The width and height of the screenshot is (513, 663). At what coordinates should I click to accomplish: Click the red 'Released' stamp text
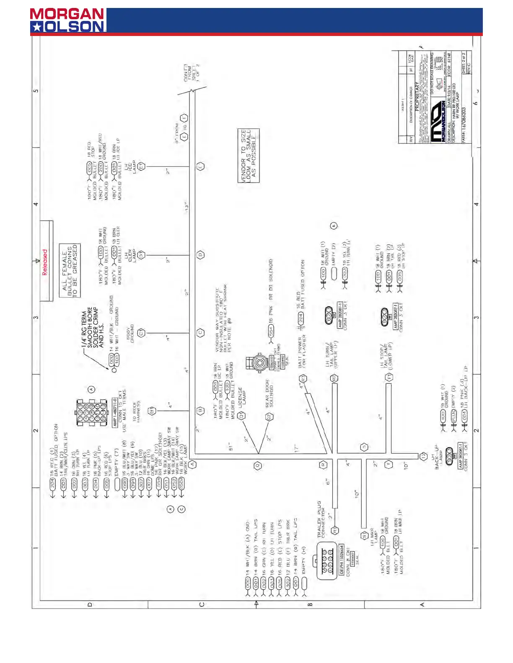click(x=45, y=262)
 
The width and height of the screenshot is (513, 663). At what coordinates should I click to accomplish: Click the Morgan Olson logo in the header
click(x=67, y=20)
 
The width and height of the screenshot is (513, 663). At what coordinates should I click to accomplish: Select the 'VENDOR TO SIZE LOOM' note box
click(x=249, y=156)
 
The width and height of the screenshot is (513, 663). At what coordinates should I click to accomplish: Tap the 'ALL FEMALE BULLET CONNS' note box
click(x=70, y=271)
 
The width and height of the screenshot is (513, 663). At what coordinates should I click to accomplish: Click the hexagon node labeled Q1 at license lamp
click(x=241, y=415)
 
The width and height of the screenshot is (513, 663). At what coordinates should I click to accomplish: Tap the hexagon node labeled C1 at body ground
click(x=141, y=333)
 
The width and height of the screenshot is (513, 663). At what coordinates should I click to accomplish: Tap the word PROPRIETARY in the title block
click(x=417, y=96)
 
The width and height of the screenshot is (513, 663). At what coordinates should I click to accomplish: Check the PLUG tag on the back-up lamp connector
click(x=453, y=405)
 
